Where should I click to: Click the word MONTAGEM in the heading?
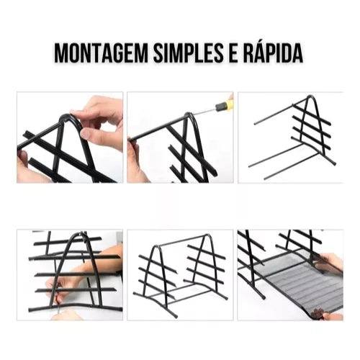pyautogui.click(x=101, y=53)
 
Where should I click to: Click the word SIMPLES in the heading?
pyautogui.click(x=188, y=53)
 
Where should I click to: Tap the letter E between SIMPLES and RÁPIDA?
pyautogui.click(x=233, y=53)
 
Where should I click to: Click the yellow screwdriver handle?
pyautogui.click(x=225, y=104)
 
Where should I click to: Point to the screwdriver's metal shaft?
pyautogui.click(x=204, y=112)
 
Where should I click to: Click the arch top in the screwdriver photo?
pyautogui.click(x=189, y=114)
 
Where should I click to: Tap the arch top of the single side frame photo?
pyautogui.click(x=311, y=96)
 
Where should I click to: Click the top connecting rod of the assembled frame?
pyautogui.click(x=181, y=240)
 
